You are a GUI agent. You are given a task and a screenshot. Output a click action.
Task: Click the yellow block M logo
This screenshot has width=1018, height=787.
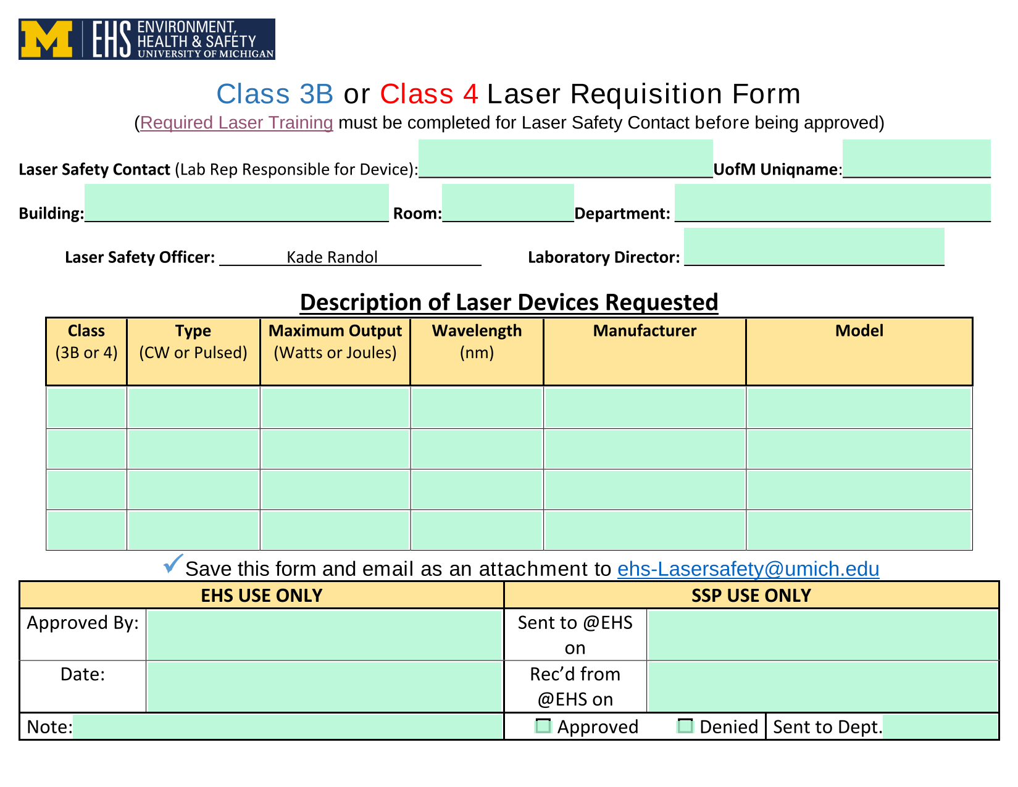[46, 40]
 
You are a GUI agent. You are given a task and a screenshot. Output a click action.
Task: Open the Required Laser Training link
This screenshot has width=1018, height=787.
[236, 123]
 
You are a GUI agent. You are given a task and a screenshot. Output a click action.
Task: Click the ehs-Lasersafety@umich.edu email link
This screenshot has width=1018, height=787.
[748, 568]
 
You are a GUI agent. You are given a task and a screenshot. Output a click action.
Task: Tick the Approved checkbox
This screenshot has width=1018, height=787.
[543, 725]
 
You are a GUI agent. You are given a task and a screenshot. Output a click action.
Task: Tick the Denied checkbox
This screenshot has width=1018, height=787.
[685, 725]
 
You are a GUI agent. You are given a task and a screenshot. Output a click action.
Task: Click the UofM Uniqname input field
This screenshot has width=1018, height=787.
[916, 158]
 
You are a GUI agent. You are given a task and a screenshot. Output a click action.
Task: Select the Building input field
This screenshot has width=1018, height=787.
[236, 202]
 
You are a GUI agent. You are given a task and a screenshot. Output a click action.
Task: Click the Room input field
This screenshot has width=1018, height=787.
[507, 202]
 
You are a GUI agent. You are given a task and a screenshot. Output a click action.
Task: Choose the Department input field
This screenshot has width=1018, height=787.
[832, 202]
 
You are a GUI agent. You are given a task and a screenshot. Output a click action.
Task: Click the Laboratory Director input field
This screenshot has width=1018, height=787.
[814, 246]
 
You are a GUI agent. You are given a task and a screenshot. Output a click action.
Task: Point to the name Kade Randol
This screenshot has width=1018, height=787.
[332, 257]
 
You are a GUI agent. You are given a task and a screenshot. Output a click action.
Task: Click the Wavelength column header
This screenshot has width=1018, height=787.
[477, 341]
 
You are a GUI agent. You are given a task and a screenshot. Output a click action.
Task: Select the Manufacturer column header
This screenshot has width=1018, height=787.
[645, 330]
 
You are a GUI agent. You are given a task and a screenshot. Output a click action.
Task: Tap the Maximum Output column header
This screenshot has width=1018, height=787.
[335, 341]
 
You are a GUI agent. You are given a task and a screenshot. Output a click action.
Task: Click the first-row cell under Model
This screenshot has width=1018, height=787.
[859, 408]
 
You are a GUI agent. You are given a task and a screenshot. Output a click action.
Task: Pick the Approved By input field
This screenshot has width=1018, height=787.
[325, 635]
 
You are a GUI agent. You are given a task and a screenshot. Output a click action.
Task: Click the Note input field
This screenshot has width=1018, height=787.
[288, 726]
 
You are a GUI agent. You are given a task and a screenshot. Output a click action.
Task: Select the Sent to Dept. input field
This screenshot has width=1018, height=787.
[940, 726]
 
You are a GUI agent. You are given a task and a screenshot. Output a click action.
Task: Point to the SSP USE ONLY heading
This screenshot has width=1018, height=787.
[751, 596]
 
